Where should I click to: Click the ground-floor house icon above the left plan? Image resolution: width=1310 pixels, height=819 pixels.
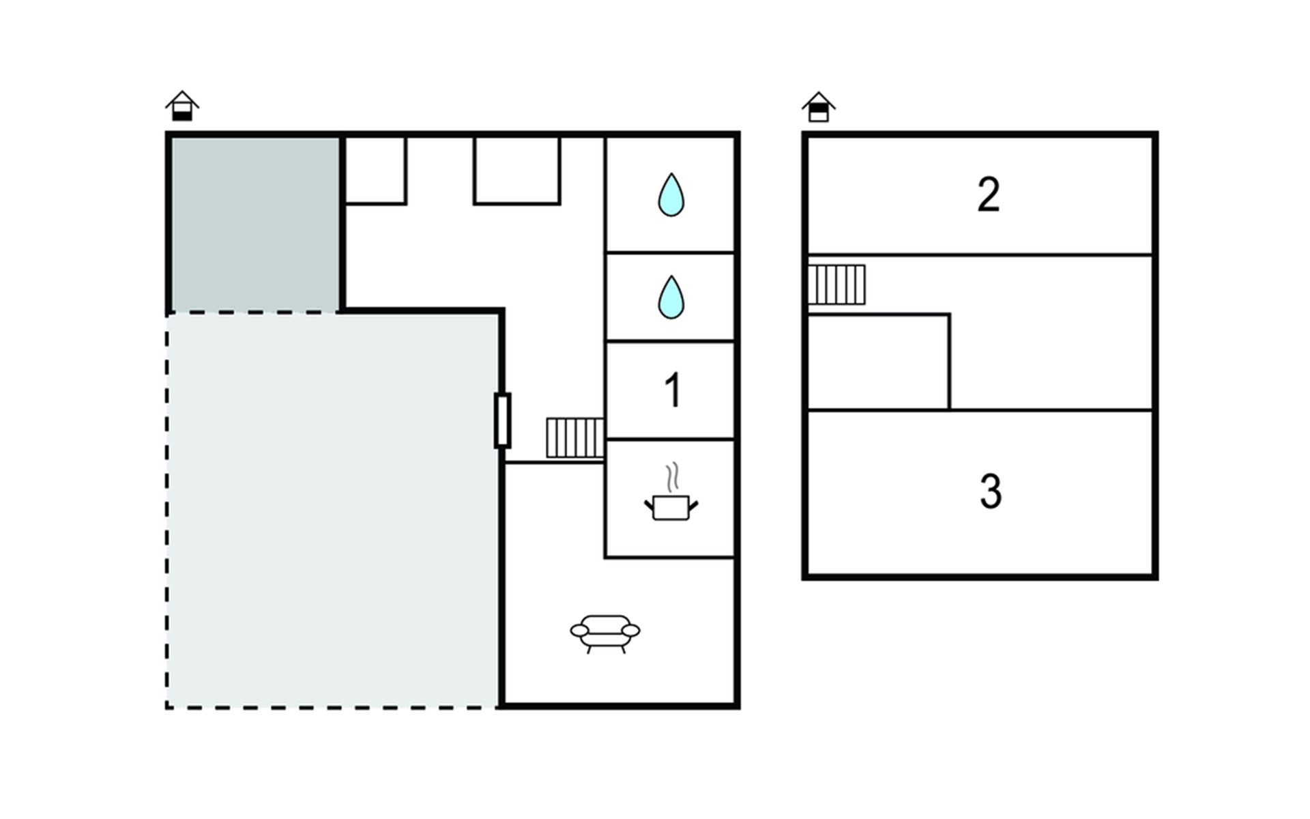(x=182, y=106)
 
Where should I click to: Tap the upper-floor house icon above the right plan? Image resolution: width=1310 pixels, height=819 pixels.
(x=819, y=106)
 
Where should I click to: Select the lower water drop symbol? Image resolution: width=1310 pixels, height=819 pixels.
(x=671, y=297)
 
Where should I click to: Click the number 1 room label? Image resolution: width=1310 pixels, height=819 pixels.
(x=673, y=390)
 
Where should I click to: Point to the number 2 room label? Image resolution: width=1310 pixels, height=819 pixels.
(x=989, y=195)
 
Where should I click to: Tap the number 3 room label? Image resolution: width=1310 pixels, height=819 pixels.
(x=991, y=491)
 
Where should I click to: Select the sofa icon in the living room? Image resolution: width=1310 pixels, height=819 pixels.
(x=605, y=634)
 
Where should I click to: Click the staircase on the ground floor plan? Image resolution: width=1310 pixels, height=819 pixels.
(x=575, y=437)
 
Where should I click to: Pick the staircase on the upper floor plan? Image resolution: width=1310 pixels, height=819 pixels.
(x=836, y=285)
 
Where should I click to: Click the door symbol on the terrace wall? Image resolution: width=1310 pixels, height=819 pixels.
(x=503, y=420)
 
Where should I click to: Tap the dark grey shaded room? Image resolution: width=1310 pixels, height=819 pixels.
(x=254, y=224)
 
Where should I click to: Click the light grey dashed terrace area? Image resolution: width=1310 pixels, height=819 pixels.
(x=332, y=511)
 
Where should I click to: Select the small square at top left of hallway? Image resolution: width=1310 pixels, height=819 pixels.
(x=376, y=171)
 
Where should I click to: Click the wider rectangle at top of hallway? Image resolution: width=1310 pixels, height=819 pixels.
(x=517, y=171)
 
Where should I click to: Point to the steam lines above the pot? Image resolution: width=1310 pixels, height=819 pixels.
(x=673, y=477)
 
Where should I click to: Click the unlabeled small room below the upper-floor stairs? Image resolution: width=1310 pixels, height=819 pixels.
(x=879, y=362)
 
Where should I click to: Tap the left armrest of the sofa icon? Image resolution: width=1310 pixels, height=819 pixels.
(x=579, y=631)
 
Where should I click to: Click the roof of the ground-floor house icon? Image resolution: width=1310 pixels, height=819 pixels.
(x=182, y=100)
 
